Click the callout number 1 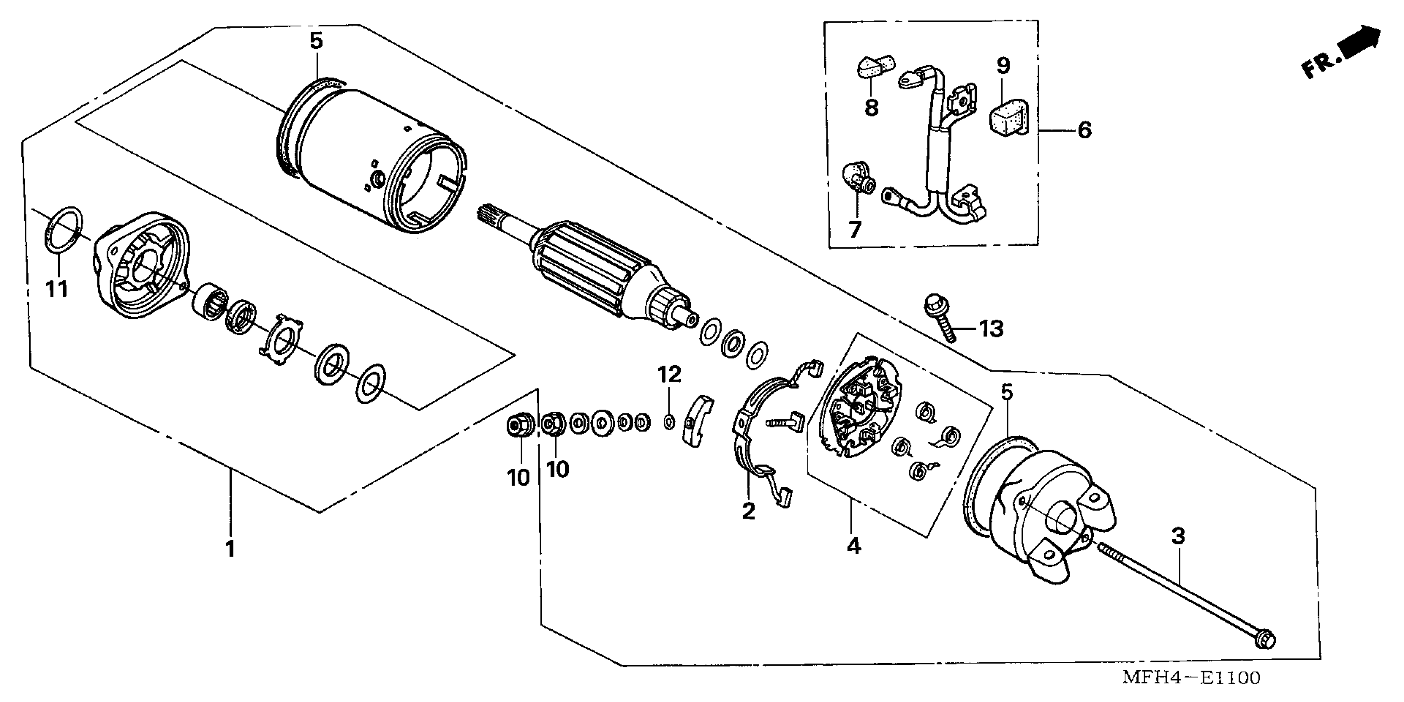tap(231, 548)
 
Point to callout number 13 tap(991, 329)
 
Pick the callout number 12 tap(669, 375)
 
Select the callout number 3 tap(1178, 536)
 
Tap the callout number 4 tap(854, 545)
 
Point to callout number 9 tap(1003, 66)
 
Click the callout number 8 tap(871, 107)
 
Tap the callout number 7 tap(854, 229)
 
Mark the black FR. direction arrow tap(1363, 44)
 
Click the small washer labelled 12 tap(669, 421)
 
